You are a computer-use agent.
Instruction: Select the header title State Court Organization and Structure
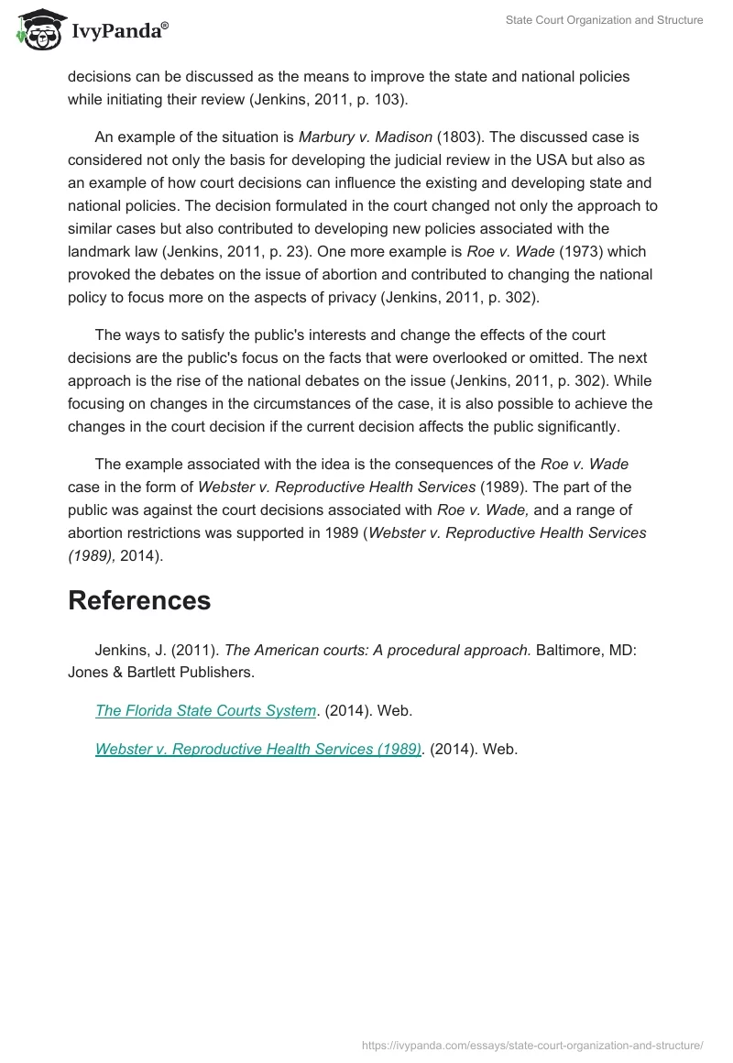point(604,20)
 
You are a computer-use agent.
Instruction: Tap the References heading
point(139,600)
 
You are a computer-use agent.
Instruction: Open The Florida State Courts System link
point(205,710)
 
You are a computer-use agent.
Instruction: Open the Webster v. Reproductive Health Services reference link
point(257,749)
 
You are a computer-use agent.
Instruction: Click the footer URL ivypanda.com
point(532,1045)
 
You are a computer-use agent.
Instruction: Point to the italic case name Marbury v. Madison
point(366,137)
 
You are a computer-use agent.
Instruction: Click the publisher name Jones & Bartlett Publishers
point(161,672)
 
